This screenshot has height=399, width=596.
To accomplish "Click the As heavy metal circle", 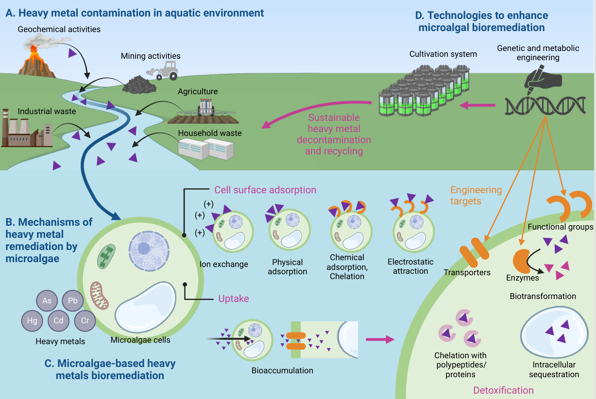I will [47, 300].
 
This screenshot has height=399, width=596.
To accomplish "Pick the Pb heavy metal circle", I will [72, 300].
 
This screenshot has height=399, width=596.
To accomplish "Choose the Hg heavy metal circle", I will [32, 320].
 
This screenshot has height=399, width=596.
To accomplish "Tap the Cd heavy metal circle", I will [59, 320].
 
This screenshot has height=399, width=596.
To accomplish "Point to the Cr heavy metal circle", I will [85, 320].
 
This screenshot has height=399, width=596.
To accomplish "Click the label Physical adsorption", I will [288, 267].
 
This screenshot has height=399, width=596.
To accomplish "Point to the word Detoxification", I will [503, 390].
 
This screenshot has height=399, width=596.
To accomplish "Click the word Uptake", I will [234, 299].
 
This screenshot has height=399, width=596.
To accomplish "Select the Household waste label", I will [210, 133].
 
